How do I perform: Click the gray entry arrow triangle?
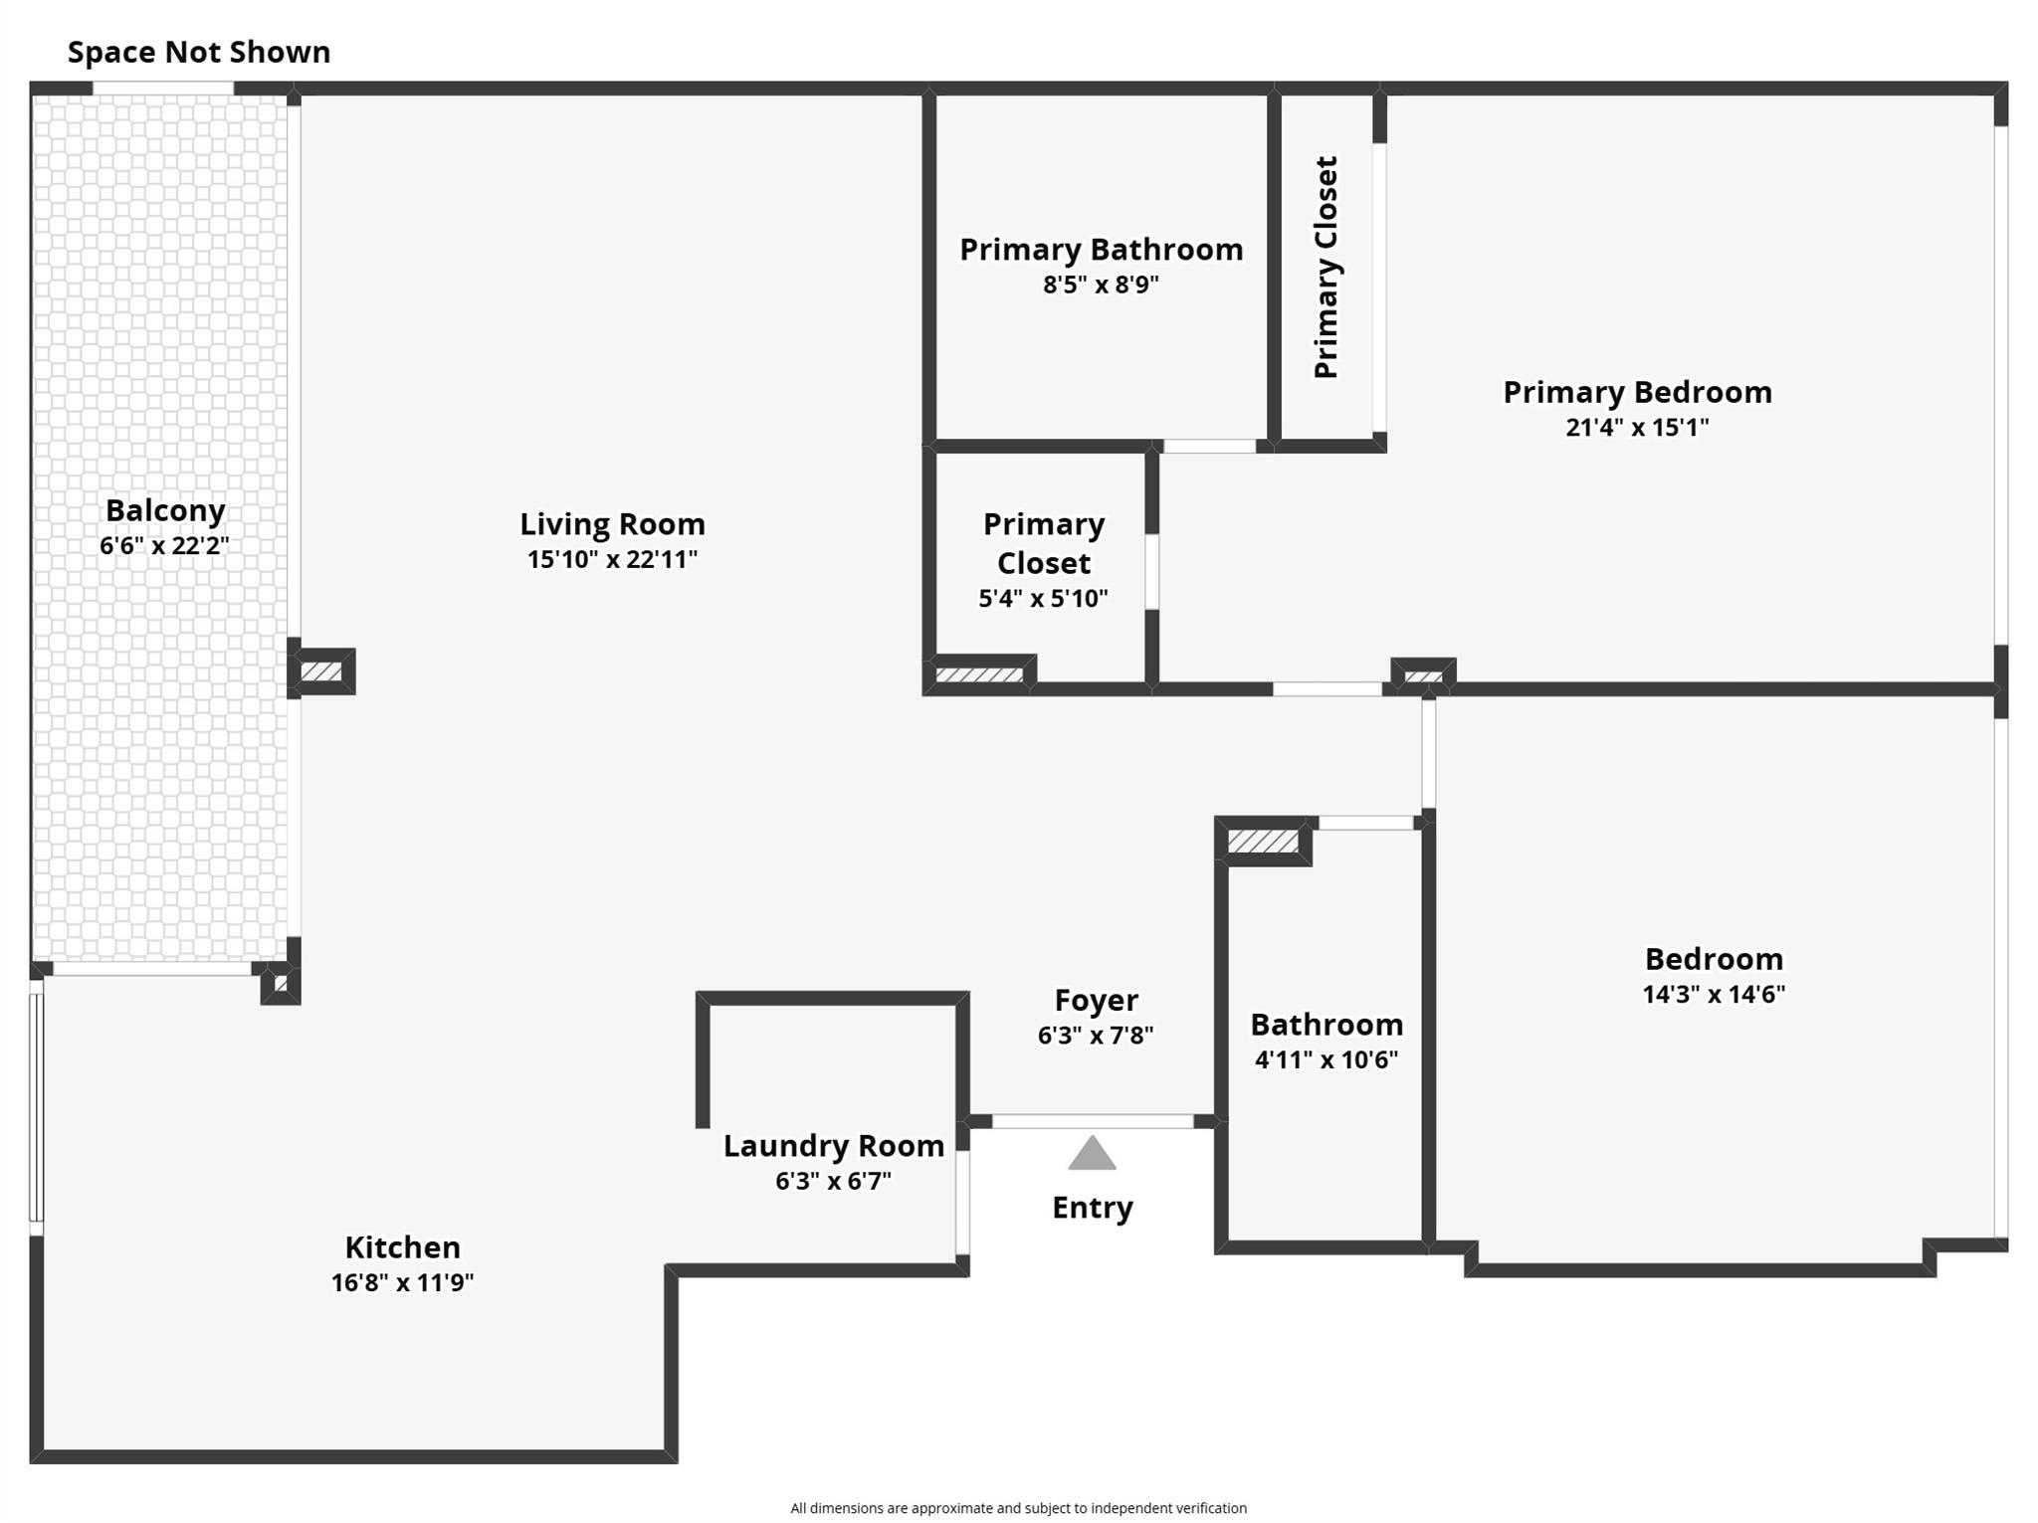click(1092, 1155)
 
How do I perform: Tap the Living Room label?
click(612, 524)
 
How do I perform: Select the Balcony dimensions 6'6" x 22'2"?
click(164, 546)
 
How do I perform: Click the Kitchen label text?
click(402, 1247)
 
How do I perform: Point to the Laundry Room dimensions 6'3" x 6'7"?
click(833, 1181)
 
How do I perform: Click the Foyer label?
click(1096, 1000)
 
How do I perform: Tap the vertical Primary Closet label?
click(1326, 267)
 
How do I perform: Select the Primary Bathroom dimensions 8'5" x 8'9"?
click(1101, 286)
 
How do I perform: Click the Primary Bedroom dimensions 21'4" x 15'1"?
click(1637, 428)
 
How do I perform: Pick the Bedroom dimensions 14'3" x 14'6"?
click(1714, 995)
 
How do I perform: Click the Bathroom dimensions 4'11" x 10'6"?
click(1326, 1060)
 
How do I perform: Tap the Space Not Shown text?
click(199, 52)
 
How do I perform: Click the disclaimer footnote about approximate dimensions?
click(1018, 1508)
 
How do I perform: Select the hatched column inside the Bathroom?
click(1262, 843)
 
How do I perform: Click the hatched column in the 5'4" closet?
click(979, 675)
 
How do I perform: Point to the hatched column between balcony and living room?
click(321, 672)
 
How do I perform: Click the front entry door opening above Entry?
click(1092, 1122)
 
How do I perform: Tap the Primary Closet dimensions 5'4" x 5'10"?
click(1043, 599)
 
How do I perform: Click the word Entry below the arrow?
click(1092, 1208)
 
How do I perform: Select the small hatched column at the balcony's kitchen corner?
click(281, 985)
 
